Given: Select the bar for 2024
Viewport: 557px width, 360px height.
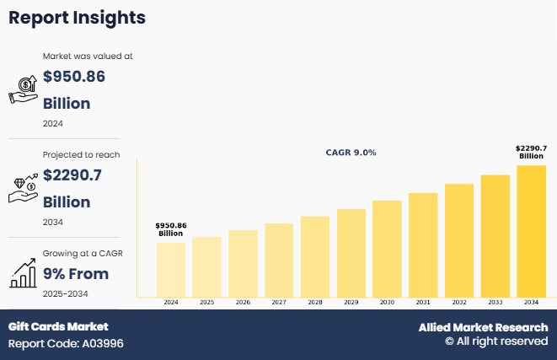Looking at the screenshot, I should pyautogui.click(x=171, y=269).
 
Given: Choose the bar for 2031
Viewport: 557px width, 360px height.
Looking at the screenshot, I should pyautogui.click(x=423, y=244).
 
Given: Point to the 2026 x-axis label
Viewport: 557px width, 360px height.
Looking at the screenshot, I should pyautogui.click(x=243, y=302).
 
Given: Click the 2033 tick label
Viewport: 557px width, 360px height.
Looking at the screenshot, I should pyautogui.click(x=495, y=302).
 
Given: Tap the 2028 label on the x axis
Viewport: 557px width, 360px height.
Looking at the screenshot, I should pyautogui.click(x=315, y=302).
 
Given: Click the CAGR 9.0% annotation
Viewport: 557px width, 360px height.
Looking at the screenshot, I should pyautogui.click(x=351, y=153).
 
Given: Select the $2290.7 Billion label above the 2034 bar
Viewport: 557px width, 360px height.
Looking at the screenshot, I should pyautogui.click(x=531, y=152).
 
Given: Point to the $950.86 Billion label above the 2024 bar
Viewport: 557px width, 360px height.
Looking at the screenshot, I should pyautogui.click(x=171, y=229).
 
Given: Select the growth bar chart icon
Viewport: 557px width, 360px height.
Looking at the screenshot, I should pyautogui.click(x=22, y=272).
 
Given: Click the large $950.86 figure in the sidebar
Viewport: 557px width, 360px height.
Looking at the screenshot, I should pyautogui.click(x=74, y=77).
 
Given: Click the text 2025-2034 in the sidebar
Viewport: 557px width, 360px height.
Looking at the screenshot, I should pyautogui.click(x=66, y=293).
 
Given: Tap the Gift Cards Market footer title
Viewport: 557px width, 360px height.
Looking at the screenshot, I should pyautogui.click(x=58, y=326).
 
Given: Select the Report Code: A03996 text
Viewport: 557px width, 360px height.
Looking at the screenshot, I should pyautogui.click(x=66, y=344).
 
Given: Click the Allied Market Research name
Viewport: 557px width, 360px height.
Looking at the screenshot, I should pyautogui.click(x=483, y=327).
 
